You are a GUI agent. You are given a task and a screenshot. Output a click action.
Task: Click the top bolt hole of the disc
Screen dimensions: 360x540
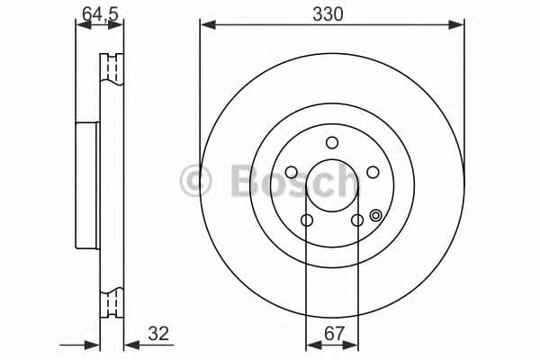(x=332, y=141)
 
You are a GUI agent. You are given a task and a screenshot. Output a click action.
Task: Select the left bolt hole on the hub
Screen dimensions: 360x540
(x=292, y=173)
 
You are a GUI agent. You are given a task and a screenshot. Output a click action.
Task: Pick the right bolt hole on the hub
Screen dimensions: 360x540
(x=371, y=172)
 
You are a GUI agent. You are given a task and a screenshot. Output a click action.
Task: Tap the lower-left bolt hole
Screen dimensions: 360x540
(x=307, y=220)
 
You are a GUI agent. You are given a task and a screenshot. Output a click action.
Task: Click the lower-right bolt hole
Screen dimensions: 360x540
(x=356, y=220)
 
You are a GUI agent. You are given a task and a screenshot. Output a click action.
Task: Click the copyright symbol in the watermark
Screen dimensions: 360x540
(x=195, y=180)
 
